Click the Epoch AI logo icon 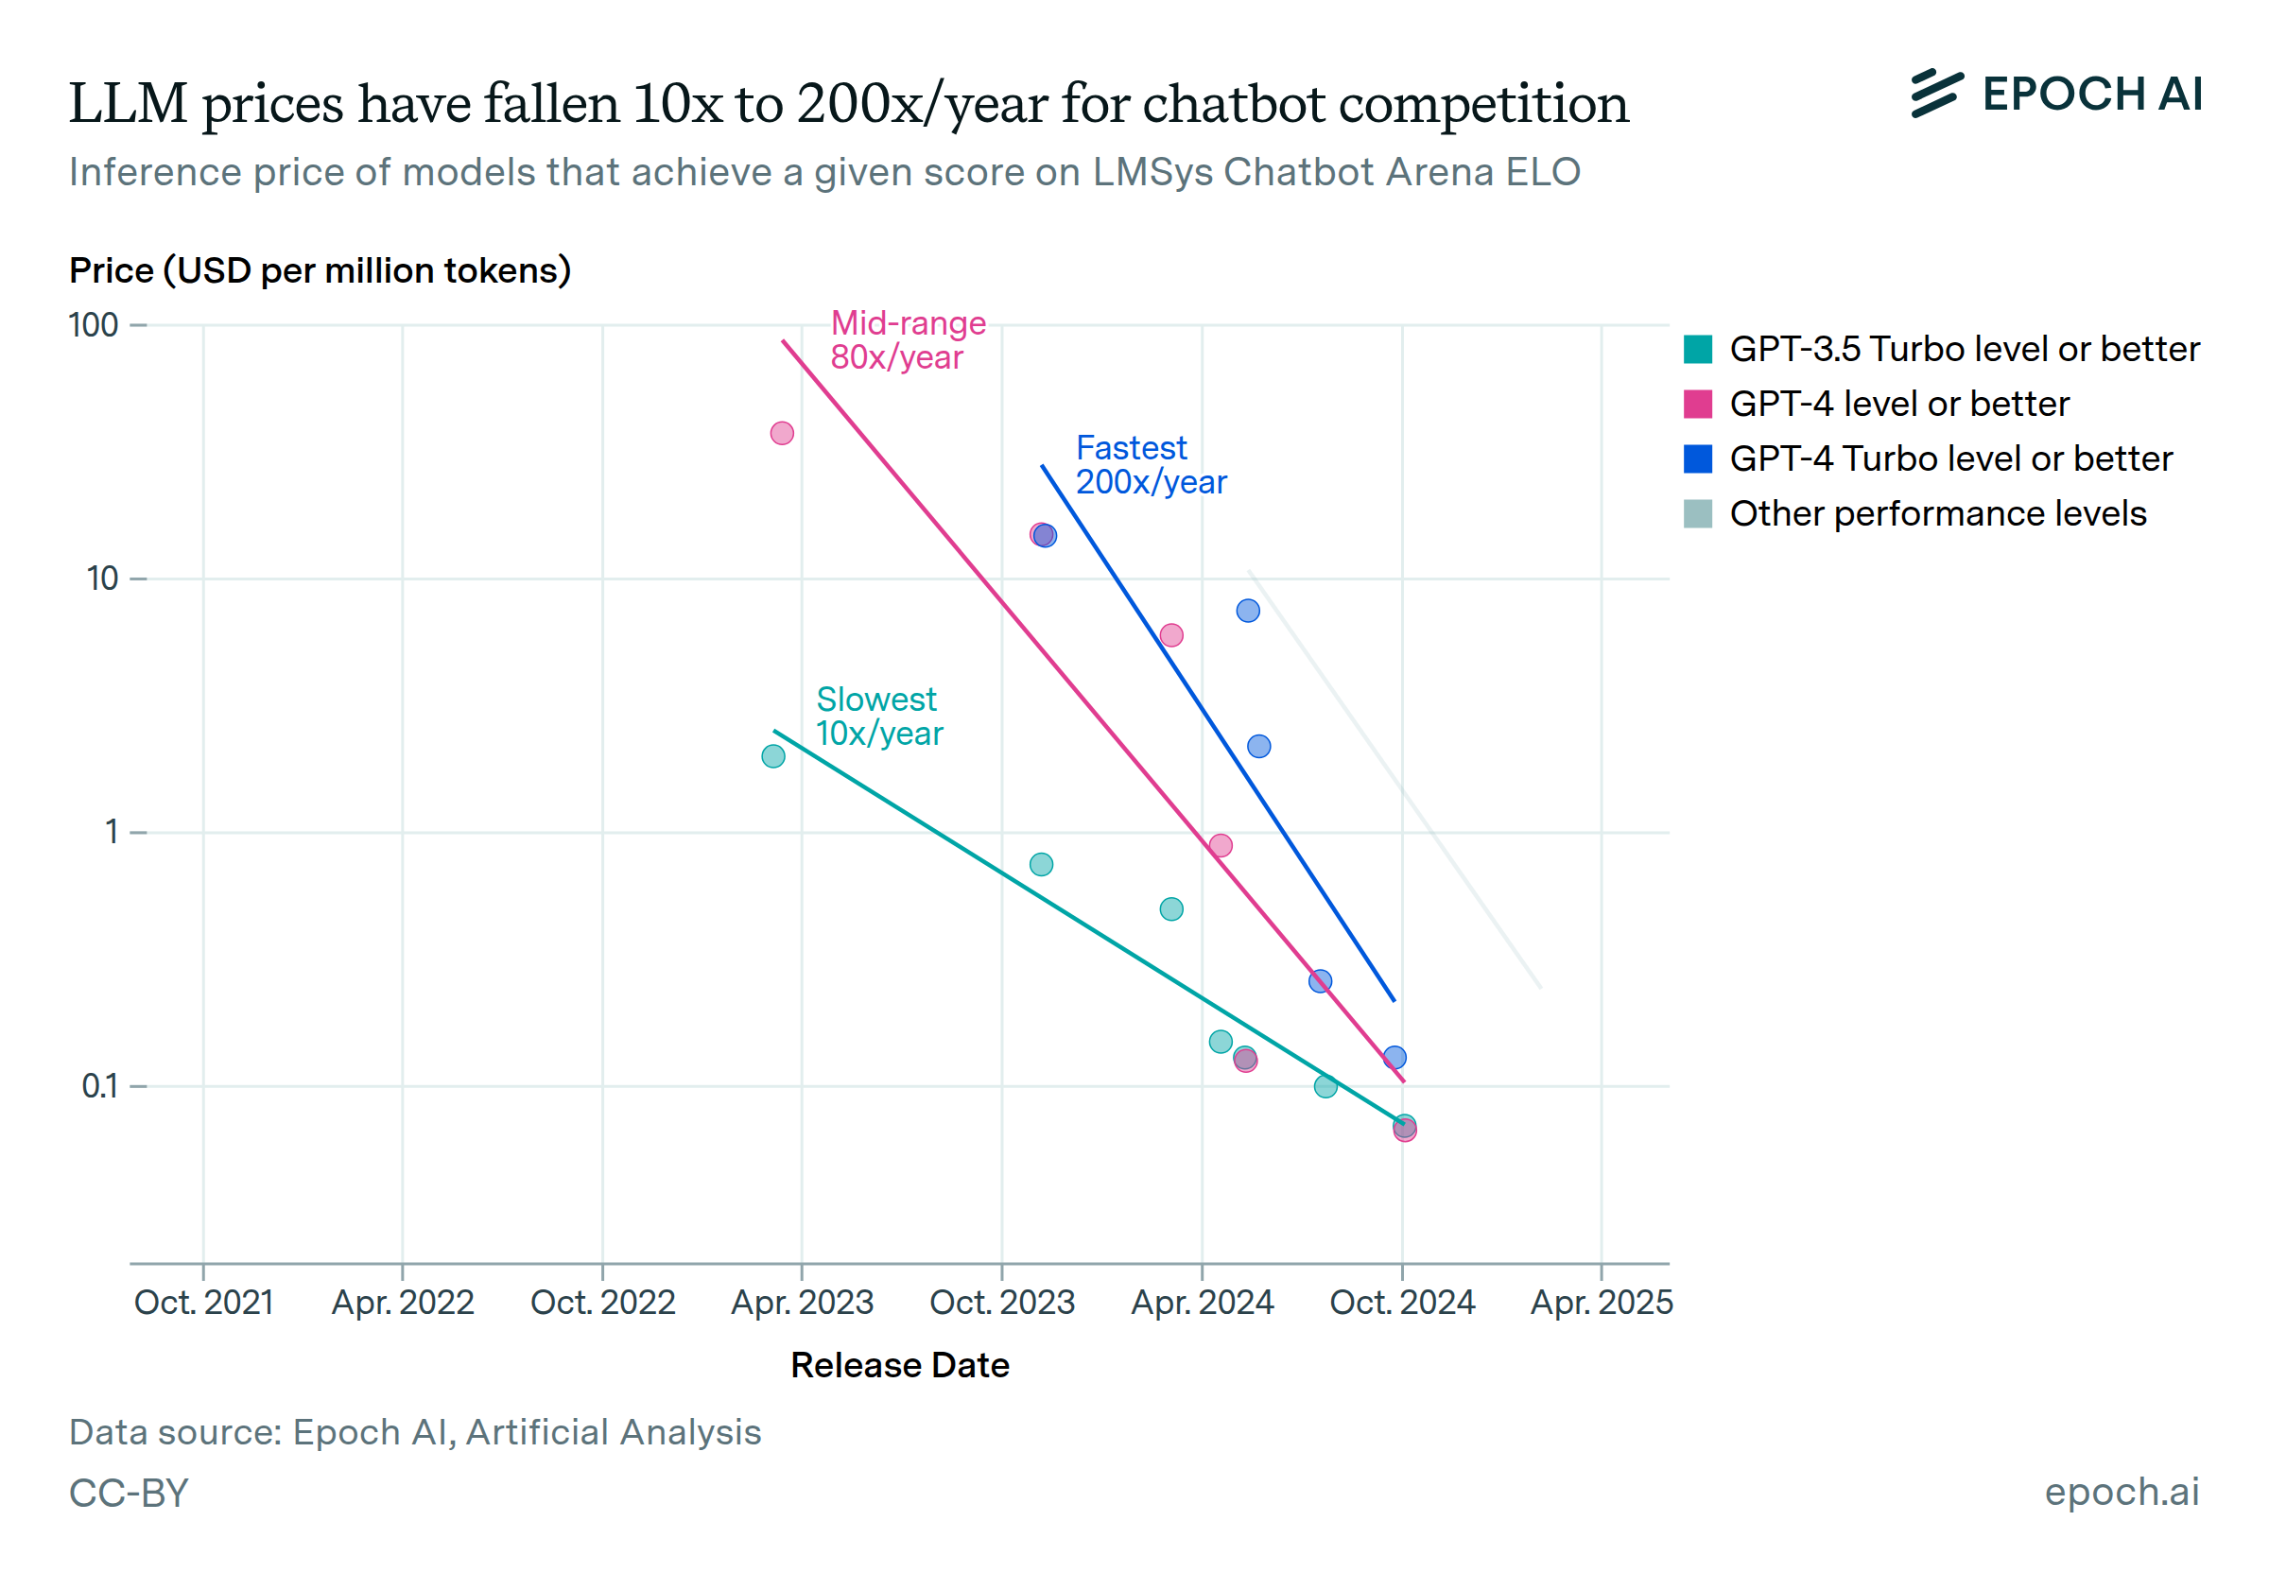pyautogui.click(x=1936, y=94)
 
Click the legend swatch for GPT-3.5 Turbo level pyautogui.click(x=1697, y=350)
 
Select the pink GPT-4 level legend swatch pyautogui.click(x=1697, y=405)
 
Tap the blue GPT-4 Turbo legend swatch pyautogui.click(x=1697, y=459)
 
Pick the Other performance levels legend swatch pyautogui.click(x=1697, y=514)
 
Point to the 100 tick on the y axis pyautogui.click(x=94, y=325)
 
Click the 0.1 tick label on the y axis pyautogui.click(x=100, y=1086)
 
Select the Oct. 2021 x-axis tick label pyautogui.click(x=203, y=1303)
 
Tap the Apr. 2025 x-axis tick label pyautogui.click(x=1601, y=1303)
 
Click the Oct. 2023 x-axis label pyautogui.click(x=1002, y=1303)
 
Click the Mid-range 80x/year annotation pyautogui.click(x=908, y=340)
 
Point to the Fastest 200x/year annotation pyautogui.click(x=1151, y=465)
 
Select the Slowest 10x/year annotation pyautogui.click(x=878, y=717)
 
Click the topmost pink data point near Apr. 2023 pyautogui.click(x=782, y=433)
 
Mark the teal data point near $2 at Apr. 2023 pyautogui.click(x=772, y=756)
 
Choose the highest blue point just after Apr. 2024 pyautogui.click(x=1248, y=611)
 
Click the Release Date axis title pyautogui.click(x=899, y=1365)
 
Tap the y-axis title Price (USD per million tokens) pyautogui.click(x=320, y=269)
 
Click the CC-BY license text pyautogui.click(x=129, y=1493)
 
